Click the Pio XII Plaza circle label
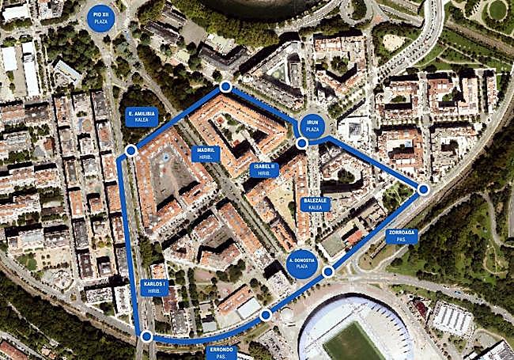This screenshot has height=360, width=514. (100, 17)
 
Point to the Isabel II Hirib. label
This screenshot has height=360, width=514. (263, 169)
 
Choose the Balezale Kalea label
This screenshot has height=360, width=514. (315, 204)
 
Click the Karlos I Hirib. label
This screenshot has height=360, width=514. (156, 286)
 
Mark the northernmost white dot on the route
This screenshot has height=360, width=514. (225, 86)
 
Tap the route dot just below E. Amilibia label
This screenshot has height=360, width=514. (131, 150)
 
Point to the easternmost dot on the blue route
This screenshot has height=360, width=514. (423, 189)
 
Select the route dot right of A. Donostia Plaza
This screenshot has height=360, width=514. (329, 271)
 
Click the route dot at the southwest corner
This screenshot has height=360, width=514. (146, 336)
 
